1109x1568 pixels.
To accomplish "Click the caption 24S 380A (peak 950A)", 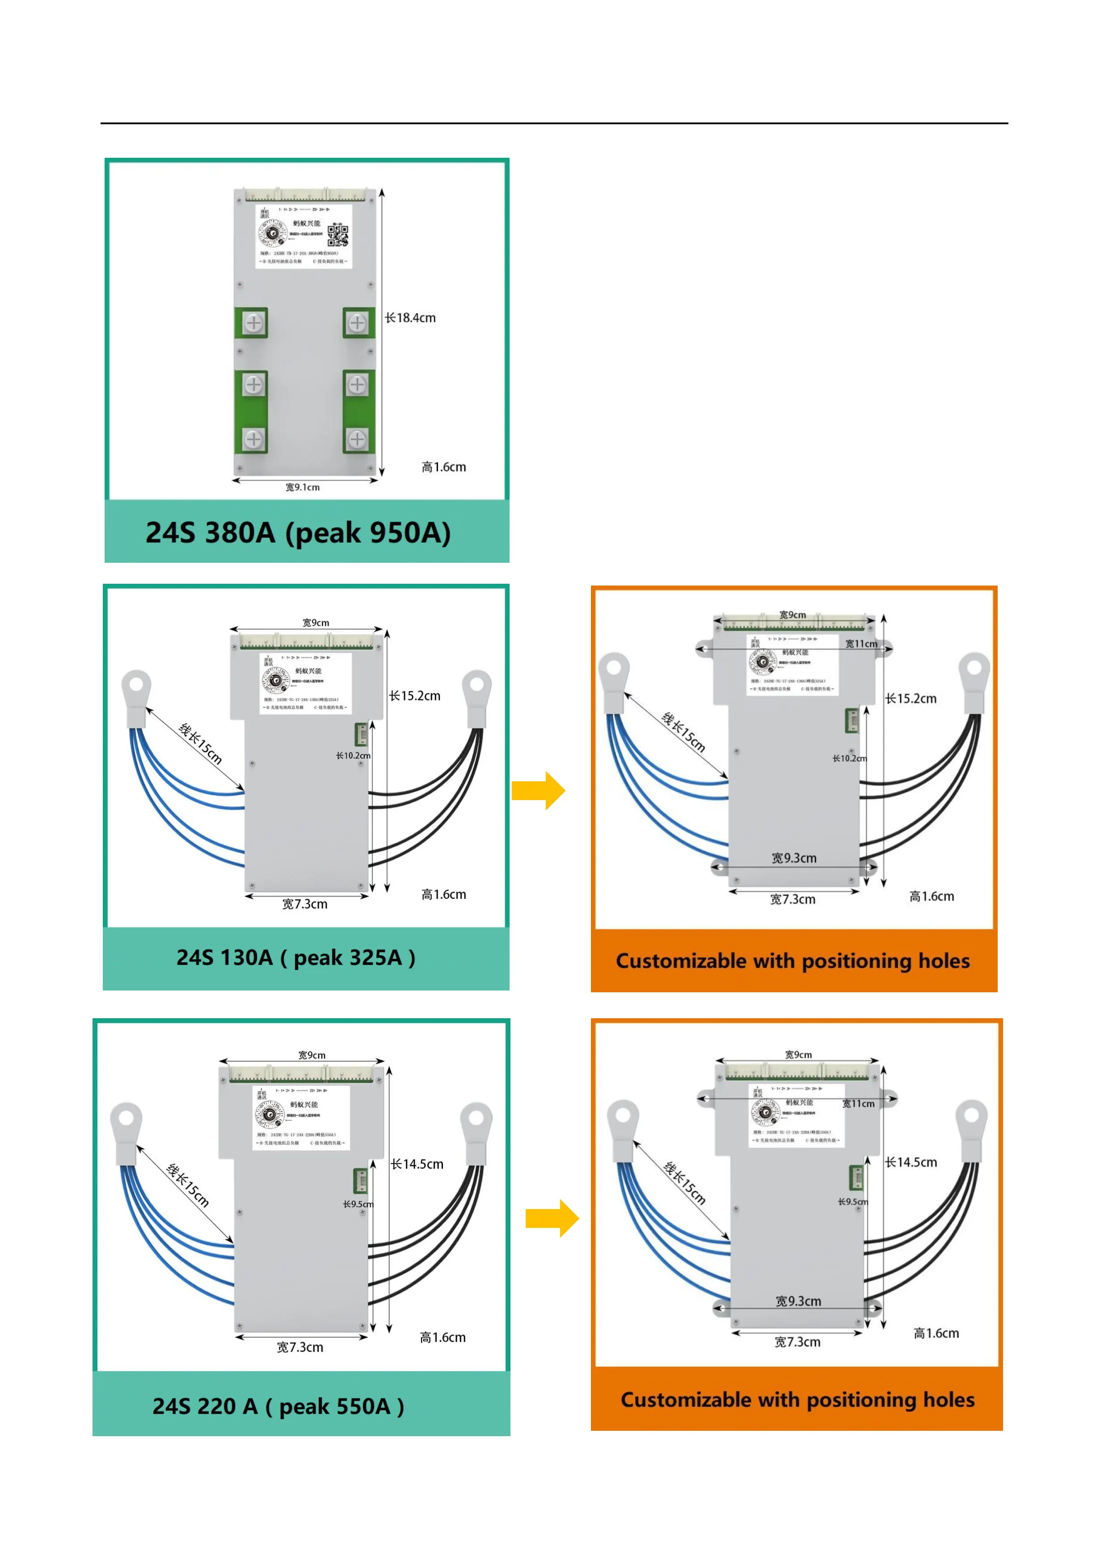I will (299, 533).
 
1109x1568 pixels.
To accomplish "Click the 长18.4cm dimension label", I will (410, 317).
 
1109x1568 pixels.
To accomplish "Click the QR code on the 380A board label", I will (337, 234).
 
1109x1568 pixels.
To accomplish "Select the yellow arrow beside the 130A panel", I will (538, 791).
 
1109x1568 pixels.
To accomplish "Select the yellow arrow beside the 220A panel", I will (552, 1218).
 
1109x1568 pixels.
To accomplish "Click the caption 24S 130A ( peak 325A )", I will (295, 957).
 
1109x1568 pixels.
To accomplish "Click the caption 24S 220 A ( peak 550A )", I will (278, 1406).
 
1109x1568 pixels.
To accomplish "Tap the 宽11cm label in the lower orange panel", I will (858, 1104).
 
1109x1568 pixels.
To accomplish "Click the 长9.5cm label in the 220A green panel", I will (358, 1204).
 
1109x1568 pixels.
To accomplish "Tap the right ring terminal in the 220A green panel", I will (476, 1120).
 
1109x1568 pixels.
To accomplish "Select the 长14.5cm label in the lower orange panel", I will (911, 1162).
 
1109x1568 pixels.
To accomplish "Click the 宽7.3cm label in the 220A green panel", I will (300, 1347).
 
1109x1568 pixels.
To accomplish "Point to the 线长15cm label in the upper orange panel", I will (683, 732).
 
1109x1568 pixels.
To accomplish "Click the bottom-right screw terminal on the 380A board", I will (357, 439).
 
